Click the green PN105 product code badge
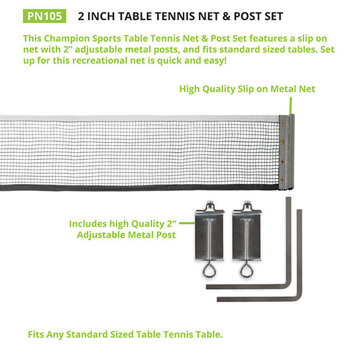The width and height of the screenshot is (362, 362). click(x=45, y=16)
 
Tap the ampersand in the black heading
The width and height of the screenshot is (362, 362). click(x=226, y=16)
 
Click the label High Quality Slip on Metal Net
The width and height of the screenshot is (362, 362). click(x=247, y=89)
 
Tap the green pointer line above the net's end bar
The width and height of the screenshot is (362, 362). click(x=291, y=106)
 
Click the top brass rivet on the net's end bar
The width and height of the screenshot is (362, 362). click(x=283, y=123)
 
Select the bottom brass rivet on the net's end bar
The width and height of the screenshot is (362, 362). click(x=282, y=180)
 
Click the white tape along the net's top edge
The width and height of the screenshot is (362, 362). click(x=139, y=118)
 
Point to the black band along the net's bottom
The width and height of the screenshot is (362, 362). click(x=139, y=188)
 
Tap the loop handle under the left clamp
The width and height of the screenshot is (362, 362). click(x=209, y=269)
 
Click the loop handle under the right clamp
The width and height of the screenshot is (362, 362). click(x=247, y=269)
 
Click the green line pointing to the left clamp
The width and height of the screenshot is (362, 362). click(x=187, y=223)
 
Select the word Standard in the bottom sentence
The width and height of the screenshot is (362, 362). click(x=87, y=334)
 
